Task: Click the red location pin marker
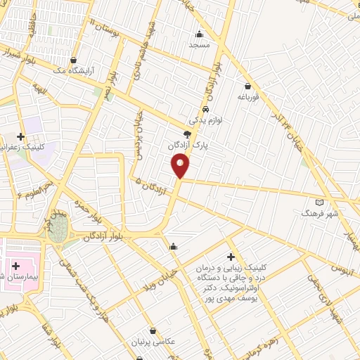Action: (x=180, y=165)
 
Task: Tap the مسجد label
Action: (x=200, y=44)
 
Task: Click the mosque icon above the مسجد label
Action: (x=200, y=34)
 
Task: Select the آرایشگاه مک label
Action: (x=90, y=71)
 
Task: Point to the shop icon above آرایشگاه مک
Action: (x=73, y=60)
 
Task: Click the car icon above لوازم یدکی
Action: (x=205, y=110)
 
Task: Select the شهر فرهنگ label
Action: (x=320, y=212)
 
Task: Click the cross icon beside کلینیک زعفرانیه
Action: (x=21, y=136)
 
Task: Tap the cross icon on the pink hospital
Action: (x=15, y=266)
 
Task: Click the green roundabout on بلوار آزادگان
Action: (x=59, y=229)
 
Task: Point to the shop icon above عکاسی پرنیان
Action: (x=153, y=330)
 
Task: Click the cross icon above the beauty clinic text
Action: (x=231, y=258)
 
